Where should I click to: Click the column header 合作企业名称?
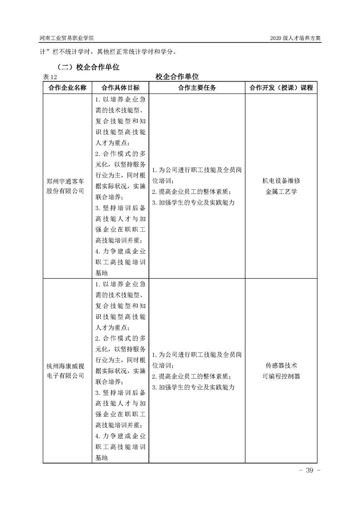[68, 88]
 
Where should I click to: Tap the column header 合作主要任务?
[197, 88]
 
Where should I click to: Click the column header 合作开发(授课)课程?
[281, 88]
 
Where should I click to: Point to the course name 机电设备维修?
[281, 181]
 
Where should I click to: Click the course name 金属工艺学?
[281, 191]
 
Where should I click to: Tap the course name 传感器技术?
[281, 366]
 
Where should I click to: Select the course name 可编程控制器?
[281, 376]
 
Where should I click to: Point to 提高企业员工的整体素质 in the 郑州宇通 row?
[192, 191]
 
